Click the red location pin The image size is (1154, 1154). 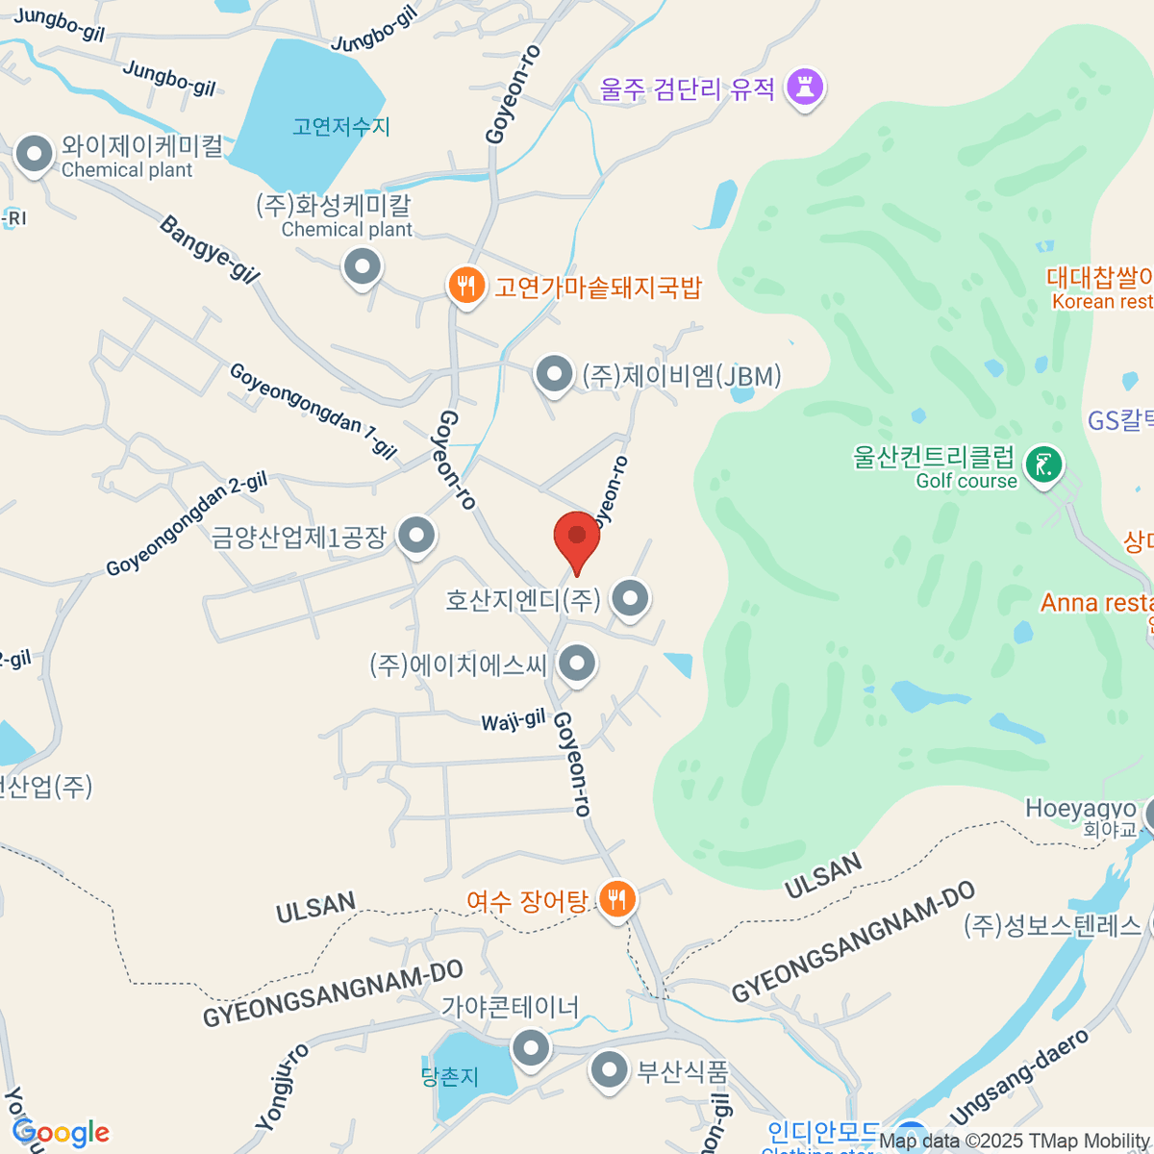[x=577, y=537]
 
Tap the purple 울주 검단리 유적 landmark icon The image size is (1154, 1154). [x=805, y=88]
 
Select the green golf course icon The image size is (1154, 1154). [x=1043, y=465]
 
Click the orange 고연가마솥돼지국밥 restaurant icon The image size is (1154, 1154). [x=466, y=286]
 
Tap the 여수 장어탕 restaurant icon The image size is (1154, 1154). [x=616, y=900]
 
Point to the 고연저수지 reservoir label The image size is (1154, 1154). [x=341, y=127]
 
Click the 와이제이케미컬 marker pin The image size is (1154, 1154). [x=35, y=154]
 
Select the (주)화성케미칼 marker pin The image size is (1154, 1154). [x=363, y=266]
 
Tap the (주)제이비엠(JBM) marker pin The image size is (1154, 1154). [x=554, y=374]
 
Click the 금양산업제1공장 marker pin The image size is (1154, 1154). [x=416, y=535]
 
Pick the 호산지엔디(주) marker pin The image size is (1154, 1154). [x=630, y=598]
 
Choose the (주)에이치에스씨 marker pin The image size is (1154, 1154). [x=577, y=663]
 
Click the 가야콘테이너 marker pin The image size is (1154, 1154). [x=530, y=1046]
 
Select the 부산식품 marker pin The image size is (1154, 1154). [x=609, y=1069]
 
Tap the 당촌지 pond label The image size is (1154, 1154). [x=450, y=1077]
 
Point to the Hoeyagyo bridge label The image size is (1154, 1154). [x=1080, y=809]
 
